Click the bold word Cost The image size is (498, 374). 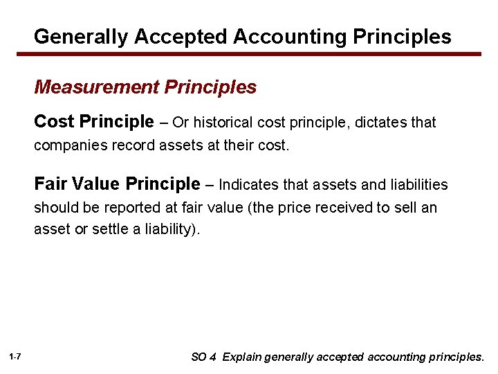pyautogui.click(x=54, y=123)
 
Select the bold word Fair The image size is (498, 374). pyautogui.click(x=50, y=184)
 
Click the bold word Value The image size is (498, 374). pyautogui.click(x=95, y=184)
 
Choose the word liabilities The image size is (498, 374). pyautogui.click(x=417, y=185)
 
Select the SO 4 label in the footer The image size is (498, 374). pyautogui.click(x=204, y=357)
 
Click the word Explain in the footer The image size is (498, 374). pyautogui.click(x=242, y=357)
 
